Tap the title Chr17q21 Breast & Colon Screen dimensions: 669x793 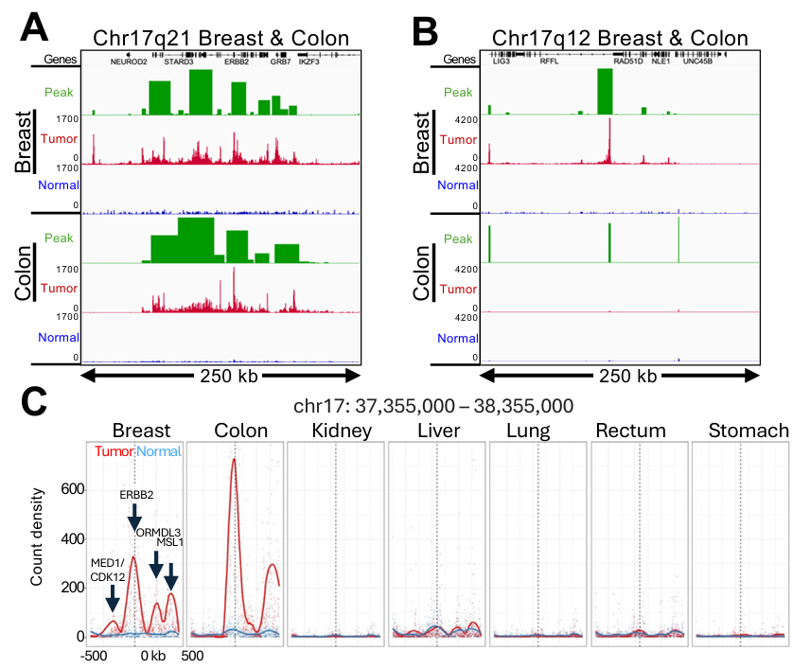(220, 39)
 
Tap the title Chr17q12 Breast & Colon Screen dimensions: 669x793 (620, 39)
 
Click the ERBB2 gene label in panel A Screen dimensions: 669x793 (236, 61)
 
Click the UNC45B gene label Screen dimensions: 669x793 (697, 61)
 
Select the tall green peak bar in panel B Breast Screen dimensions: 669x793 (606, 91)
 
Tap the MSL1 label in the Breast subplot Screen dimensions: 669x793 (168, 541)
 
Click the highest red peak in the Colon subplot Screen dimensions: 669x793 (234, 461)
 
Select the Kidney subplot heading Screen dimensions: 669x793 (336, 431)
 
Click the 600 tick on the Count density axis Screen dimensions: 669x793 (72, 489)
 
